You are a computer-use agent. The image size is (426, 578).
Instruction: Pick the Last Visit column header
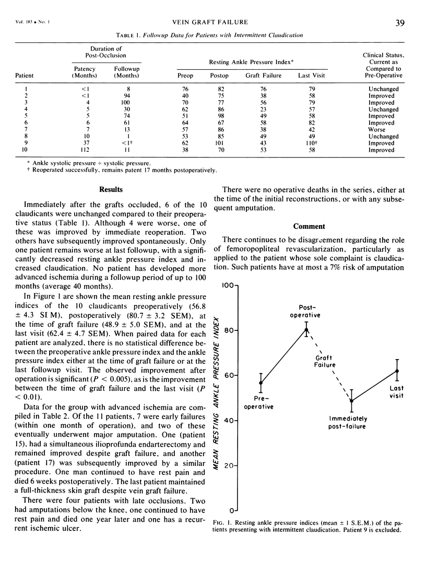[x=310, y=75]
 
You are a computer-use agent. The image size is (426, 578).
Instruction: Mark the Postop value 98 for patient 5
[x=221, y=116]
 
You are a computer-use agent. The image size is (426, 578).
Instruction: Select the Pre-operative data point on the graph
[x=261, y=383]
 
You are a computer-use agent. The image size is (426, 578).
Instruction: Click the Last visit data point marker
[x=398, y=371]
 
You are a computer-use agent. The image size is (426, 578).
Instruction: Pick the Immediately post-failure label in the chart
[x=348, y=422]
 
